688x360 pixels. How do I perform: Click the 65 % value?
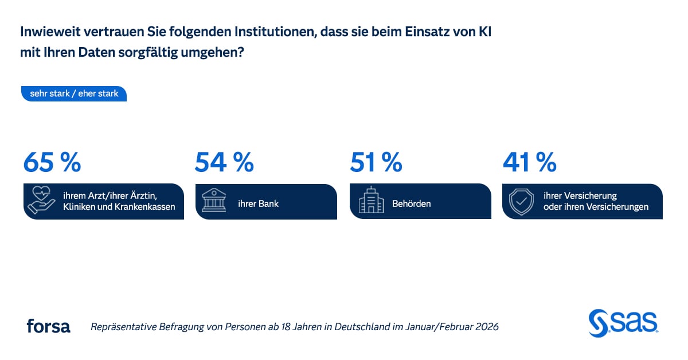pos(52,162)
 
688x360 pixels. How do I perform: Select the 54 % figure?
pos(224,162)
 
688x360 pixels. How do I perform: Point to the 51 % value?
pos(376,162)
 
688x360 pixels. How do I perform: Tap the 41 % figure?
pos(529,162)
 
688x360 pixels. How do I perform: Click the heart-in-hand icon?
pos(41,200)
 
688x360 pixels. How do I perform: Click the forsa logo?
pos(48,326)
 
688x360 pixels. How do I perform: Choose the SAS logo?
pos(624,323)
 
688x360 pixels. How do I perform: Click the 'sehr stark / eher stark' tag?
pos(74,93)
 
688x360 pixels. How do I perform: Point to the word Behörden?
pos(411,204)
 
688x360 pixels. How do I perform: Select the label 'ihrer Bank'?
pos(259,204)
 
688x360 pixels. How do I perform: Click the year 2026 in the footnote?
pos(487,327)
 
